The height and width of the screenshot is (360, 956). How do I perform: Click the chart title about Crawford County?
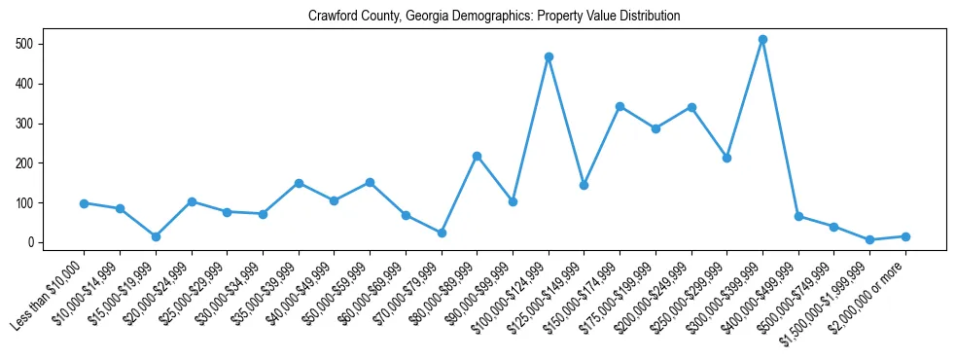[493, 17]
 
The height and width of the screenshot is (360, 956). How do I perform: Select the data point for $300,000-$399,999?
[762, 40]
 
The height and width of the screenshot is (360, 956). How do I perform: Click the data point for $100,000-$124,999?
[549, 57]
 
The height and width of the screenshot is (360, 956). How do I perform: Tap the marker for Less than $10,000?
[84, 203]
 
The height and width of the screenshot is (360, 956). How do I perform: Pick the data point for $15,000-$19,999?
[156, 236]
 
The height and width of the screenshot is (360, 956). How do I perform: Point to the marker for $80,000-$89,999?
[477, 156]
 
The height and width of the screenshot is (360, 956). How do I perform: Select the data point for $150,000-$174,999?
[620, 106]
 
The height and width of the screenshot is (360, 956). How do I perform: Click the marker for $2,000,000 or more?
[905, 236]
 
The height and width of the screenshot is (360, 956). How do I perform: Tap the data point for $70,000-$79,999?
[442, 233]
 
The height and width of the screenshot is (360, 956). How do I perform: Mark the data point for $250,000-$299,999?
[726, 158]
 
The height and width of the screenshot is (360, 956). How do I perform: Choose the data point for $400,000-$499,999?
[798, 216]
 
